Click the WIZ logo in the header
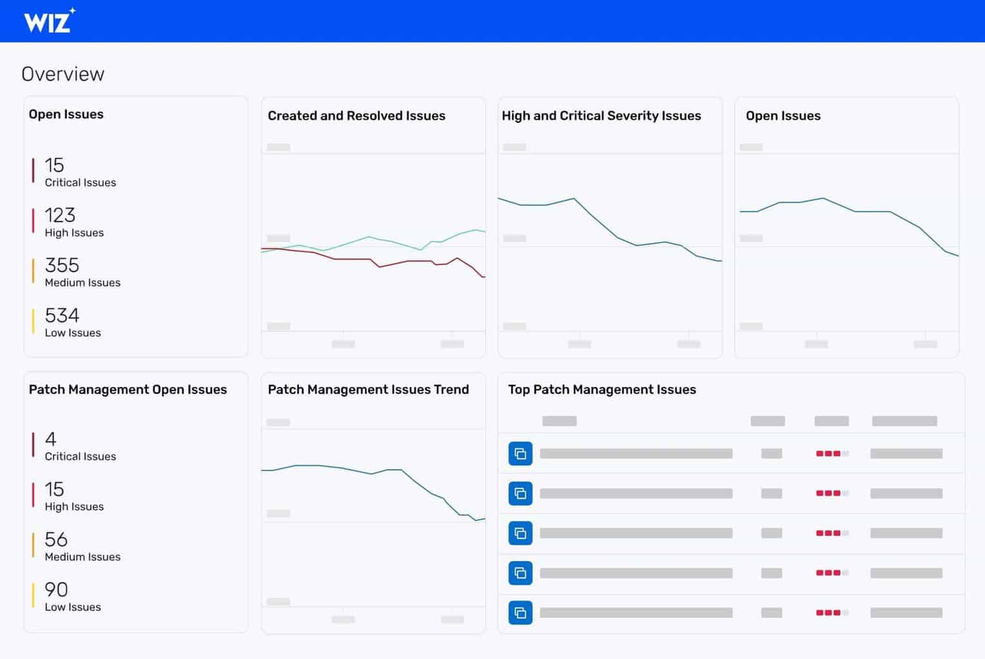tap(49, 21)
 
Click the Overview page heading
tap(62, 74)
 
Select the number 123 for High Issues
tap(60, 215)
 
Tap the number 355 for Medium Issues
tap(62, 265)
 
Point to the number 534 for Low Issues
tap(62, 315)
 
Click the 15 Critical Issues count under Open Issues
tap(54, 165)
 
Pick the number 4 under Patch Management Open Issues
tap(50, 439)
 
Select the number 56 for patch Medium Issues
tap(56, 539)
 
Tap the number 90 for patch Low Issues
tap(56, 589)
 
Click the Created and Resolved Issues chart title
tap(356, 116)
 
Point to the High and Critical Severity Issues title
tap(601, 116)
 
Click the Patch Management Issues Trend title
tap(368, 389)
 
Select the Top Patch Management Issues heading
tap(602, 389)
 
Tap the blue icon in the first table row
tap(520, 454)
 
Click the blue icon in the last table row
tap(520, 613)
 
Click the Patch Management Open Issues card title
tap(128, 389)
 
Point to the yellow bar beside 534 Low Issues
tap(33, 321)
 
